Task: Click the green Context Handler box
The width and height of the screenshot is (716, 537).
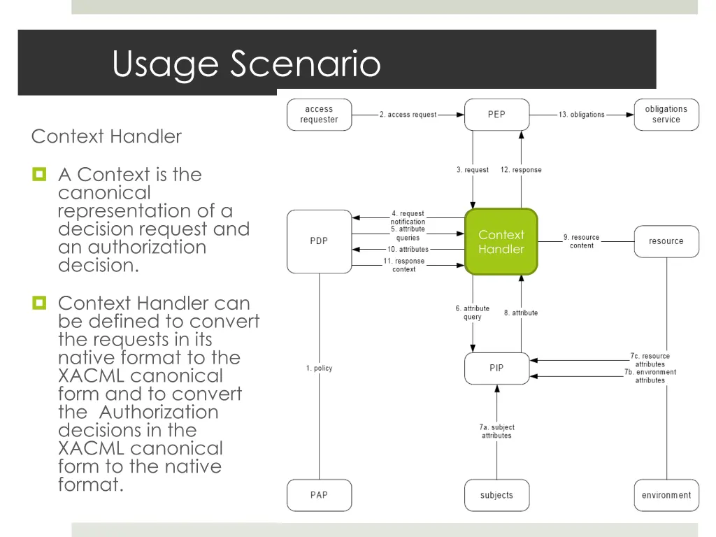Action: (501, 242)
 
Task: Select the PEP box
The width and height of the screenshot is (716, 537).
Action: (496, 115)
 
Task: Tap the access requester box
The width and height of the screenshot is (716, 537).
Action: (319, 115)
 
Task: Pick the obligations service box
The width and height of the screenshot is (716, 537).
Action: (666, 115)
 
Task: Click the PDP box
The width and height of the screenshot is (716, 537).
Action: (319, 241)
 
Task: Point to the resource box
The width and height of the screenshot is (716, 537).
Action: (666, 241)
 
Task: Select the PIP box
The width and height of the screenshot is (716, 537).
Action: (496, 368)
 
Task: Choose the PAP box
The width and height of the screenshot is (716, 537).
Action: (319, 495)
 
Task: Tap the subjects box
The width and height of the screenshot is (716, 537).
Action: (496, 495)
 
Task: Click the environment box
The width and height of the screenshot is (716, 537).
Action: (666, 495)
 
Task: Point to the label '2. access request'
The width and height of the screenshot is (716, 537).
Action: (408, 115)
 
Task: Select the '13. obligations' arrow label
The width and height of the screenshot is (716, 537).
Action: (582, 115)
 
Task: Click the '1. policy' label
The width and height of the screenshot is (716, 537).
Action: (320, 368)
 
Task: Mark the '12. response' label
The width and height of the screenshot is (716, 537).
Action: (521, 170)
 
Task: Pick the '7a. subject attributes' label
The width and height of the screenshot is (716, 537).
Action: (496, 431)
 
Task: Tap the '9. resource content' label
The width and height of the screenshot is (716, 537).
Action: (582, 241)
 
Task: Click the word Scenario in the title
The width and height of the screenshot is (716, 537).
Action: (305, 64)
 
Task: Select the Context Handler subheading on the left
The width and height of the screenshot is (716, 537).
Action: (106, 136)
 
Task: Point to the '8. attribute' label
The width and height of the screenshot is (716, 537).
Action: (521, 313)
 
